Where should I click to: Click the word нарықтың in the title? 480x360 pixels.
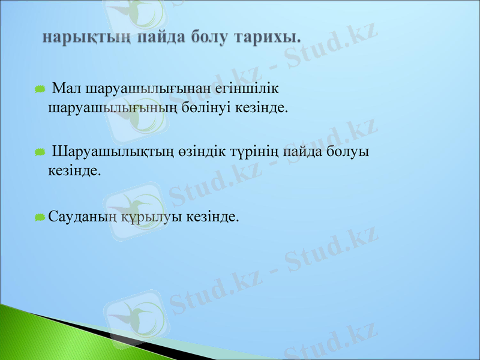[86, 37]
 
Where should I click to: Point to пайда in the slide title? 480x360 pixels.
[161, 37]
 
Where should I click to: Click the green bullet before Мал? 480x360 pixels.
[40, 89]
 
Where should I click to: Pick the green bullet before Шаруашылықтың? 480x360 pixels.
[40, 152]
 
